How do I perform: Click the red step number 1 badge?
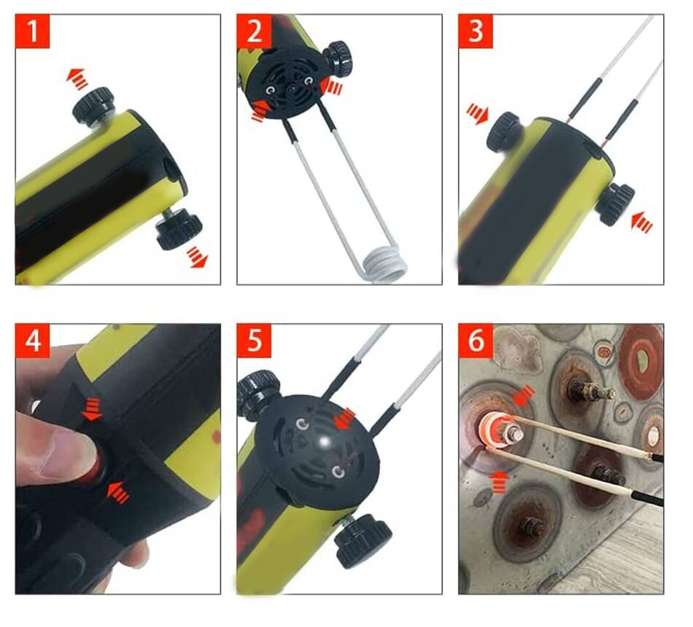pos(33,31)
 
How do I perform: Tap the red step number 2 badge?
pos(254,31)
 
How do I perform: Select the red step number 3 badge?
pos(476,31)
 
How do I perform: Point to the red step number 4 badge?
pos(33,340)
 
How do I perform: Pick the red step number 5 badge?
pos(254,340)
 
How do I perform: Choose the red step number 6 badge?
pos(476,340)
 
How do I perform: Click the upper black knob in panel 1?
pos(93,105)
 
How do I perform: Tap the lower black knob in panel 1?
pos(179,230)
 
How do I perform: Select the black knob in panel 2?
pos(338,58)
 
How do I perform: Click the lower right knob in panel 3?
pos(614,204)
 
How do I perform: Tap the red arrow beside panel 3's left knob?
pos(478,113)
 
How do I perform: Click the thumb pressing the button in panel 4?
pos(55,451)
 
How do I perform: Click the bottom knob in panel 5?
pos(362,541)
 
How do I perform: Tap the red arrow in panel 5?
pos(345,419)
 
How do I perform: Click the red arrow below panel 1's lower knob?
pos(197,257)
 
